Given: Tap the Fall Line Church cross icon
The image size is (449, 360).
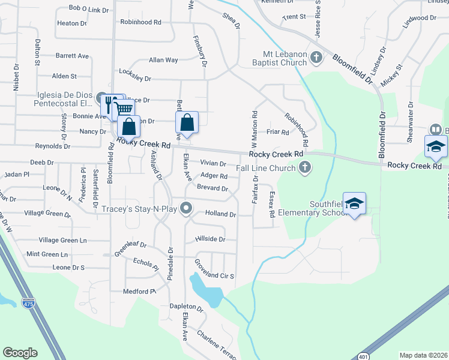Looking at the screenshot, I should [x=306, y=168].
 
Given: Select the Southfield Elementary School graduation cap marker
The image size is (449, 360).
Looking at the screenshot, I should [x=354, y=203].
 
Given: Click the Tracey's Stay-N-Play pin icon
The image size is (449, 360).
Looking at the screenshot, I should [x=186, y=209].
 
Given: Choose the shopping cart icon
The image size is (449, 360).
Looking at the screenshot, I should [x=124, y=109].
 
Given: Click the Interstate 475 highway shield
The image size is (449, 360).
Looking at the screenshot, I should [x=28, y=304].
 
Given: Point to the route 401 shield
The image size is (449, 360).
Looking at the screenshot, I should [x=363, y=356].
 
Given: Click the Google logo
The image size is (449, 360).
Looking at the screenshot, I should [x=20, y=353].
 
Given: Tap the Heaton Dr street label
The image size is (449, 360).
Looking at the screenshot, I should [x=71, y=23].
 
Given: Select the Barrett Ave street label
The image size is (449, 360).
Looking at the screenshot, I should [x=72, y=56].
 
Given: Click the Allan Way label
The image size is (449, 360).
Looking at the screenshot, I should [x=163, y=60].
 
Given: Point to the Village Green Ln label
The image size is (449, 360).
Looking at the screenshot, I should [x=62, y=240].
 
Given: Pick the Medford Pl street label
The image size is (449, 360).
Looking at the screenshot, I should [x=139, y=292].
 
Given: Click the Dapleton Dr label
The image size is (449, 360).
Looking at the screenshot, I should [x=186, y=306].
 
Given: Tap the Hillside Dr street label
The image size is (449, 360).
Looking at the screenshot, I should [x=210, y=239].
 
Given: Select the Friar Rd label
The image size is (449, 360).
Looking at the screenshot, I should [x=277, y=132].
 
